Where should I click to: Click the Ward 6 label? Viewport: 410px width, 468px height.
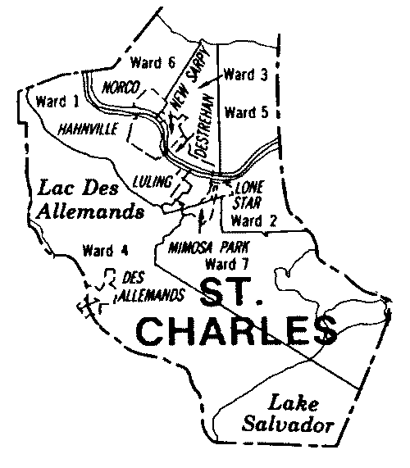pyautogui.click(x=153, y=62)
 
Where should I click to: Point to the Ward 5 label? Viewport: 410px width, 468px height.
pyautogui.click(x=245, y=111)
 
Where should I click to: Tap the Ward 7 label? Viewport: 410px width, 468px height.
pyautogui.click(x=222, y=264)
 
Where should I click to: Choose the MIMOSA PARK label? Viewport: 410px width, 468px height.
pyautogui.click(x=207, y=248)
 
